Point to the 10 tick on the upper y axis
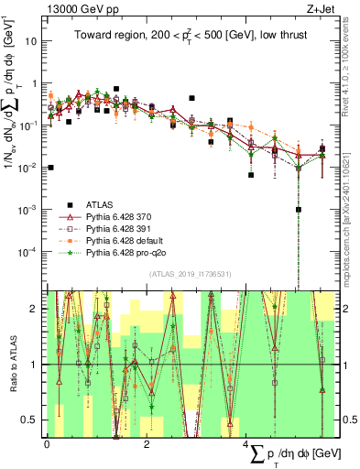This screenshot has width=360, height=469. coord(32,41)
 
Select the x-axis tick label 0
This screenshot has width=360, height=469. coord(47,443)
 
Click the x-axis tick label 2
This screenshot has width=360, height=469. coord(147,443)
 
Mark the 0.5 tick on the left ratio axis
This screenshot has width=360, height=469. coord(32,420)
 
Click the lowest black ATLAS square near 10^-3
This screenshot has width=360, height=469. coord(299,209)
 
